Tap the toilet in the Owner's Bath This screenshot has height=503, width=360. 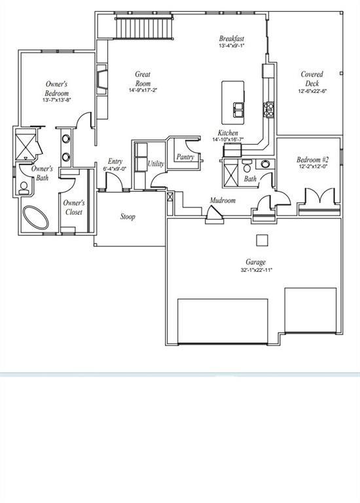[x=24, y=189]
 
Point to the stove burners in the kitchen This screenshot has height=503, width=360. [x=268, y=108]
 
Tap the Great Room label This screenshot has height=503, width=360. [x=143, y=79]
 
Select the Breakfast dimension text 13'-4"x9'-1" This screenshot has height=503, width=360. [x=232, y=47]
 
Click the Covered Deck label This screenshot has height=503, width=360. [x=311, y=79]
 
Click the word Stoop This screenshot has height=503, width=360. [x=128, y=217]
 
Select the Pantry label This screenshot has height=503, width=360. [x=185, y=157]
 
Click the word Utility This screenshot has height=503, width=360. [x=155, y=164]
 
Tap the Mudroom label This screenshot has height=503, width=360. [x=223, y=200]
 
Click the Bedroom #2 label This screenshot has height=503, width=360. [x=312, y=160]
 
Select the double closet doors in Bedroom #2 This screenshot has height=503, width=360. [x=319, y=196]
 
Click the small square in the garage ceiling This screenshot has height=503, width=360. [x=262, y=239]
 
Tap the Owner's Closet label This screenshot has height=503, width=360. [x=73, y=208]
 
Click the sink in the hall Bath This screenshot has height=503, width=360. [x=264, y=164]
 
